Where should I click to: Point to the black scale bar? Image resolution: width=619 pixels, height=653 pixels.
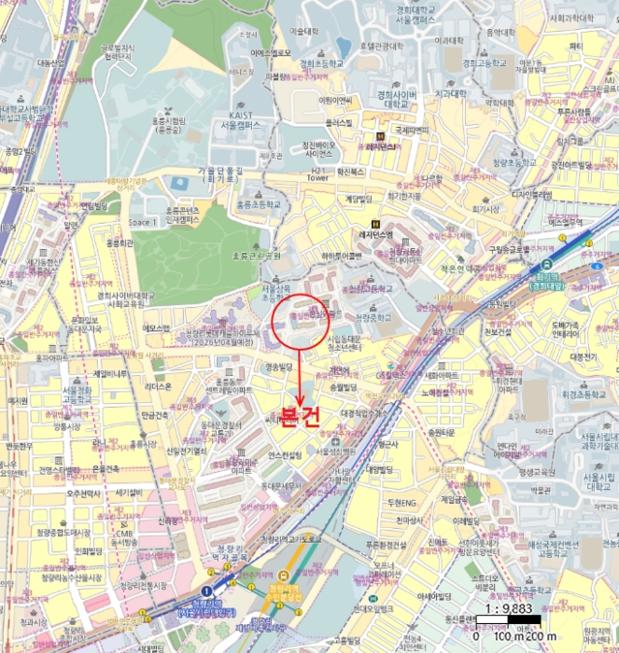click(509, 623)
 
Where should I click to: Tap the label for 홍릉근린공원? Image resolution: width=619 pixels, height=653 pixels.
click(256, 255)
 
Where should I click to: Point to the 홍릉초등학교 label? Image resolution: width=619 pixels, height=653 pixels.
click(258, 202)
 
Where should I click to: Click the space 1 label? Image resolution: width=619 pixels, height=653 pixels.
click(143, 222)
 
